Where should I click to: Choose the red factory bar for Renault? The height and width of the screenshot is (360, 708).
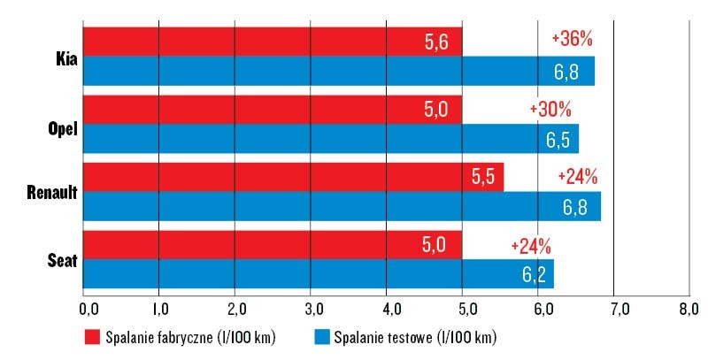[293, 176]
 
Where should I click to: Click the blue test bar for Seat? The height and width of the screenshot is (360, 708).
[318, 273]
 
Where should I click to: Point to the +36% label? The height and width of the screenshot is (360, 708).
[571, 39]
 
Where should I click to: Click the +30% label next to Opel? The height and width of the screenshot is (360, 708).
[550, 109]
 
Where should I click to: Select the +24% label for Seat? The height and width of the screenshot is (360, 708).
[531, 244]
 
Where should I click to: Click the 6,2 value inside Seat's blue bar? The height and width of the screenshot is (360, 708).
[533, 274]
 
